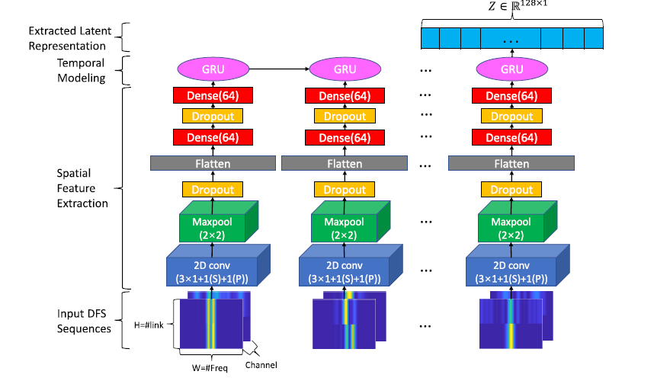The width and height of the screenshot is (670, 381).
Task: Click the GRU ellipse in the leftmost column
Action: (x=213, y=69)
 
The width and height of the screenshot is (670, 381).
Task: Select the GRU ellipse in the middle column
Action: (x=345, y=69)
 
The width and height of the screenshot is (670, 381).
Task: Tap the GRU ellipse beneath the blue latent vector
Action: (x=511, y=69)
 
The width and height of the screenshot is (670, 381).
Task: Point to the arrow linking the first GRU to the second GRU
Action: (x=278, y=69)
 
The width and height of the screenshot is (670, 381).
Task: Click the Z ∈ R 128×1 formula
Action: (x=511, y=8)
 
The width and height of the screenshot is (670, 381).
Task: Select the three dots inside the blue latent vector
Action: (x=511, y=37)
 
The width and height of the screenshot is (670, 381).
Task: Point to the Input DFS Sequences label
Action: (x=84, y=321)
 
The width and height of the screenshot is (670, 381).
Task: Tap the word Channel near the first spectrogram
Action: (x=261, y=365)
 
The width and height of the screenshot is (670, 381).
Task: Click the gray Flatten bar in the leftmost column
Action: (x=213, y=164)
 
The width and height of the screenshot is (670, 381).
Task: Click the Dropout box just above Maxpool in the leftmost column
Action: (x=213, y=189)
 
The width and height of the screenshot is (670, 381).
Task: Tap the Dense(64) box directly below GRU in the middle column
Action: (x=345, y=96)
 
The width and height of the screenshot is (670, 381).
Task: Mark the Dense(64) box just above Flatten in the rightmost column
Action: (x=511, y=138)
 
